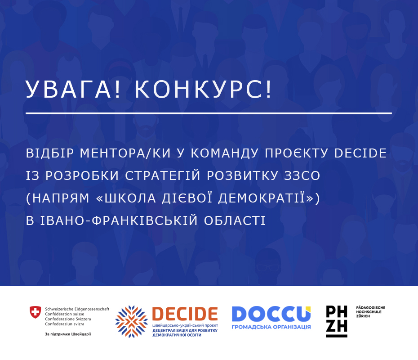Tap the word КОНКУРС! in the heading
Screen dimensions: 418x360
[203, 90]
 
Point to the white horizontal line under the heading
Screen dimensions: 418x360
[209, 113]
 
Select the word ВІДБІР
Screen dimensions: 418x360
[50, 153]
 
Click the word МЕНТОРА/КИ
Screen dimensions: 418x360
[125, 153]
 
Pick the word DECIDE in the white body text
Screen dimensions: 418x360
[360, 153]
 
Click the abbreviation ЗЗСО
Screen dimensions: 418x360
[302, 175]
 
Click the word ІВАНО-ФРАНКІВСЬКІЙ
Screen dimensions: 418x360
[119, 220]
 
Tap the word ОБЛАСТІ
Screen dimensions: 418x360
[235, 220]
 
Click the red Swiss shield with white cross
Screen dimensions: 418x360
[35, 312]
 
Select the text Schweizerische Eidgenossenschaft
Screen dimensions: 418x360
[77, 309]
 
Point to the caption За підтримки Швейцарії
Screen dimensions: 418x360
[68, 334]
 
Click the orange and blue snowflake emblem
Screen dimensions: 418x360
[131, 322]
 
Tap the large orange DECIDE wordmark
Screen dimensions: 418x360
[185, 314]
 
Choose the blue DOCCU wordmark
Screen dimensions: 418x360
[271, 314]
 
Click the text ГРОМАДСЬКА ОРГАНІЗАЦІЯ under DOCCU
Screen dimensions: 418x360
[271, 327]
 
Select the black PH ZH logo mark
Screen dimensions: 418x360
[337, 321]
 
